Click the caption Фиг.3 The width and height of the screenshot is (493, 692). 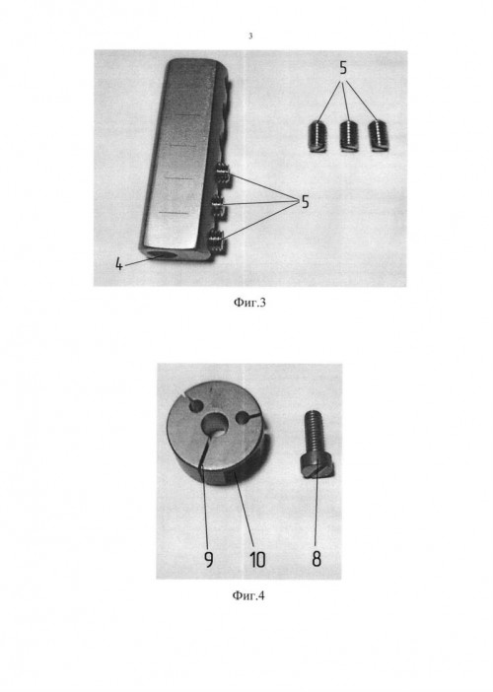(x=249, y=303)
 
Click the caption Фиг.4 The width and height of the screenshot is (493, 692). (x=248, y=595)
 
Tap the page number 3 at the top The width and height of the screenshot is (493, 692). (x=250, y=36)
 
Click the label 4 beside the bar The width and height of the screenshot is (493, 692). (x=118, y=264)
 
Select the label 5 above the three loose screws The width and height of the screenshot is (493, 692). (x=343, y=68)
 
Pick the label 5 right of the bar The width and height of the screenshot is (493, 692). (x=305, y=202)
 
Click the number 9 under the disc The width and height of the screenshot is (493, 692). (x=209, y=560)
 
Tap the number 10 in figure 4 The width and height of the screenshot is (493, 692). (x=257, y=560)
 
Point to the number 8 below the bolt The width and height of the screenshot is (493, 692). (x=317, y=559)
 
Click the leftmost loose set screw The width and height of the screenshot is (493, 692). (x=317, y=137)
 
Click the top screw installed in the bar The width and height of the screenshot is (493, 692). (x=223, y=173)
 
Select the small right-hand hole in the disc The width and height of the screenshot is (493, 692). (x=243, y=418)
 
